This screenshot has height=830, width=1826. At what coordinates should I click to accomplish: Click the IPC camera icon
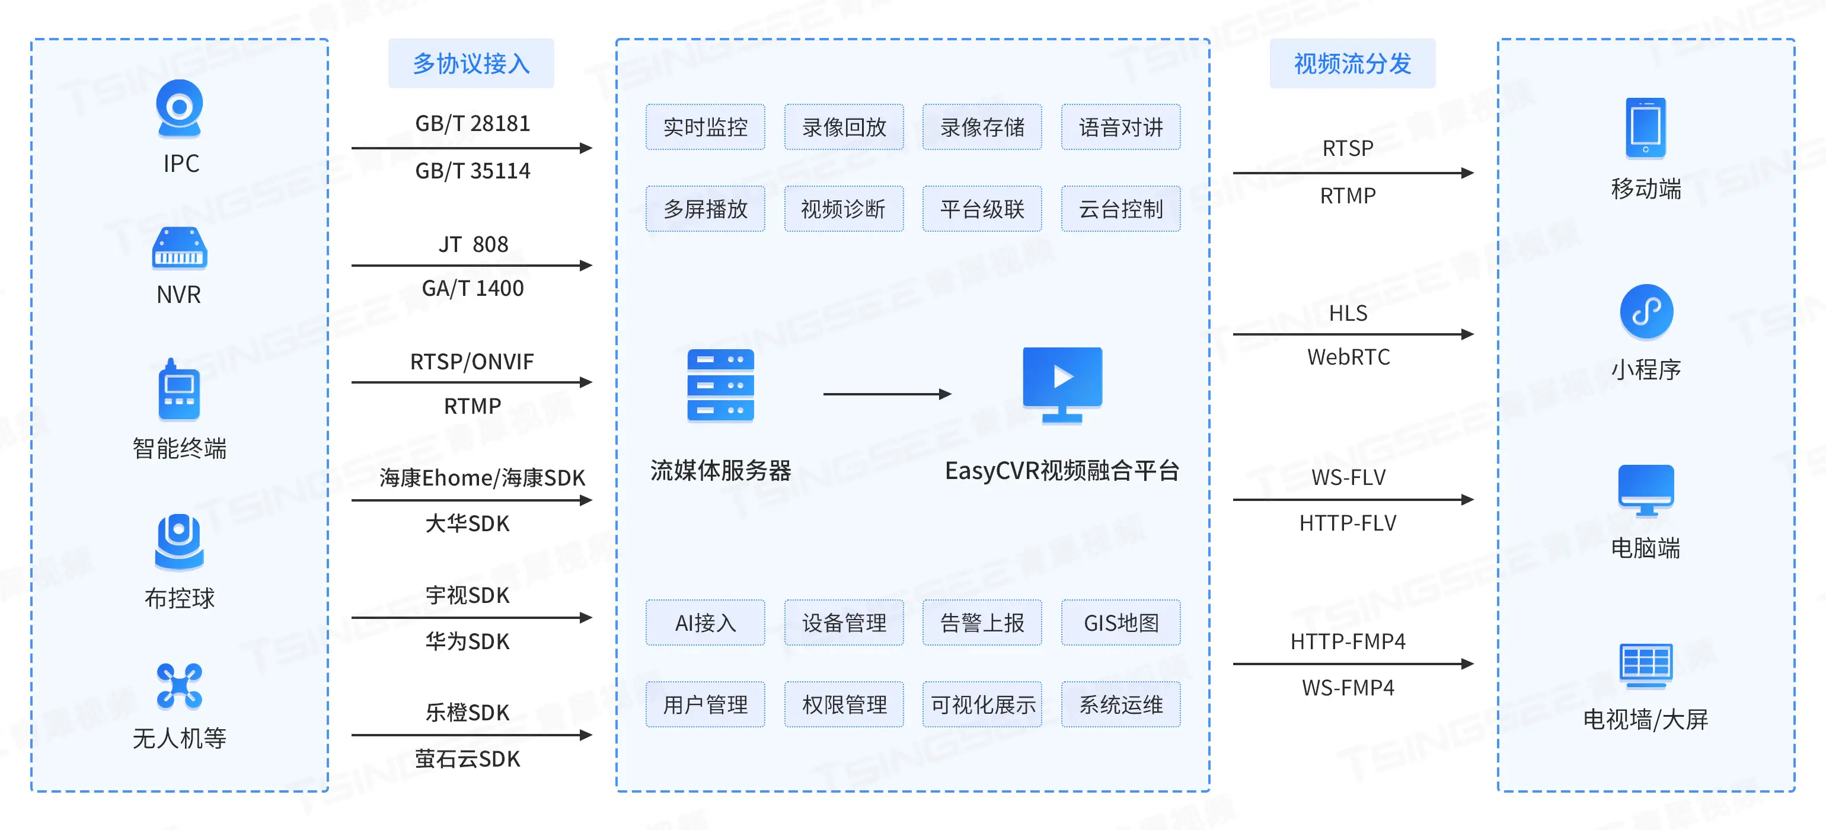click(179, 108)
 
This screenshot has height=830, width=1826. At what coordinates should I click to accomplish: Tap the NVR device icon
click(179, 248)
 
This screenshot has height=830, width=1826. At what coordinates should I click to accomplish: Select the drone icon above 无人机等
click(179, 685)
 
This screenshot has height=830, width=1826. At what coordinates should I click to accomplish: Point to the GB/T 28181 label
click(472, 123)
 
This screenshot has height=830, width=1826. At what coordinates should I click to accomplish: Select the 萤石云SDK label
click(467, 758)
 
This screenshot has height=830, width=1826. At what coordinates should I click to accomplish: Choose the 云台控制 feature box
click(1120, 208)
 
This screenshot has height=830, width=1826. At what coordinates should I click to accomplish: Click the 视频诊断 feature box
click(844, 208)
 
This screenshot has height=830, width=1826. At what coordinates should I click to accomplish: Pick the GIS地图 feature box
click(1120, 622)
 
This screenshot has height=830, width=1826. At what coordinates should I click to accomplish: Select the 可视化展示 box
click(982, 704)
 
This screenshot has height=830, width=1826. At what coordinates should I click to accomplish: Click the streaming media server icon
click(720, 385)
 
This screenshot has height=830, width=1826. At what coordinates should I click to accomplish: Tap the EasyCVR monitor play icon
click(1062, 384)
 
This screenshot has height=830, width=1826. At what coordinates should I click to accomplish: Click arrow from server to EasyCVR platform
click(886, 394)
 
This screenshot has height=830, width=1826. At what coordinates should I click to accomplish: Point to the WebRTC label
click(1348, 356)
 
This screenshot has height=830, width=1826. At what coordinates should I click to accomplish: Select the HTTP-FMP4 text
click(1348, 641)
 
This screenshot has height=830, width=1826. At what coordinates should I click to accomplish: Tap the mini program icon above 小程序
click(1646, 311)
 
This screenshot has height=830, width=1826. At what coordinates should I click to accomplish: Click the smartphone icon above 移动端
click(1645, 128)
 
